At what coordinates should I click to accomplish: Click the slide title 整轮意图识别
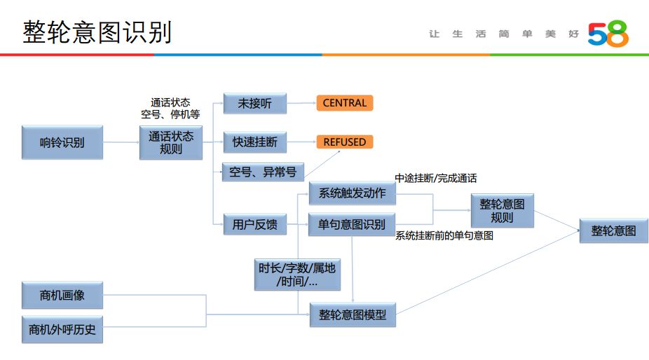pyautogui.click(x=97, y=32)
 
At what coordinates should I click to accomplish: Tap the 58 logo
pyautogui.click(x=607, y=34)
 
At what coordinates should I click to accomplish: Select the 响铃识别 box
pyautogui.click(x=62, y=142)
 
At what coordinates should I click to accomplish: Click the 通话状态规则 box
pyautogui.click(x=171, y=142)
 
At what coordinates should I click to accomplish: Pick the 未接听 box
pyautogui.click(x=254, y=104)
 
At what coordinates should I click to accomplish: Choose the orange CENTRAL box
pyautogui.click(x=344, y=103)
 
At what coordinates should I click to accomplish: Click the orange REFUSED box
pyautogui.click(x=344, y=142)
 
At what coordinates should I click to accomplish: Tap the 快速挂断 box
pyautogui.click(x=254, y=142)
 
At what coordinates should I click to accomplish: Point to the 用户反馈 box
pyautogui.click(x=254, y=224)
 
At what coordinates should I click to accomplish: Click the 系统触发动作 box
pyautogui.click(x=352, y=193)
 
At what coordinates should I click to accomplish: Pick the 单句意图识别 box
pyautogui.click(x=352, y=224)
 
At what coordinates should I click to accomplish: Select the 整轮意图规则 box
pyautogui.click(x=502, y=210)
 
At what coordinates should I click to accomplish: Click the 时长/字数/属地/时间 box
pyautogui.click(x=296, y=275)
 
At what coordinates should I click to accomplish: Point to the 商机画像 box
pyautogui.click(x=62, y=295)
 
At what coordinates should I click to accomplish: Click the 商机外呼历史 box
pyautogui.click(x=62, y=329)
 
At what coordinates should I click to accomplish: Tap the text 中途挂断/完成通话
pyautogui.click(x=436, y=178)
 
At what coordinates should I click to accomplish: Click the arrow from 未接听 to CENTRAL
pyautogui.click(x=301, y=104)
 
